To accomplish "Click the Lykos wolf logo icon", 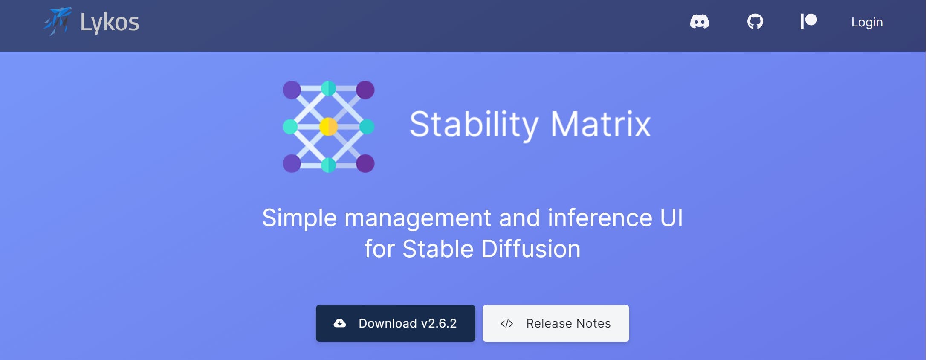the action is point(58,21).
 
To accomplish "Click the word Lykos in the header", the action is point(110,23).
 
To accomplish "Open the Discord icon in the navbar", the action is point(700,21).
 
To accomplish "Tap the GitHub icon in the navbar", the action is point(755,21).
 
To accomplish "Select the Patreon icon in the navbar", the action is point(808,21).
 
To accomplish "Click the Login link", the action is point(867,22).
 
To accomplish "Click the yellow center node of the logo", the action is point(328,127).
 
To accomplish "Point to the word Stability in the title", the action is point(474,125).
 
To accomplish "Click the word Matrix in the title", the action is point(601,124).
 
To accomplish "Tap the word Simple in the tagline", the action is point(299,218).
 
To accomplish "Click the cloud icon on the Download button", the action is point(340,323).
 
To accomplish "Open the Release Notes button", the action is point(556,323).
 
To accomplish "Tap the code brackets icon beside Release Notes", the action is point(506,324).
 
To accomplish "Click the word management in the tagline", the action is point(418,218).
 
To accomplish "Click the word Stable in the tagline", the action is point(438,249).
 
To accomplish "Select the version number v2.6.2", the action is point(439,323).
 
